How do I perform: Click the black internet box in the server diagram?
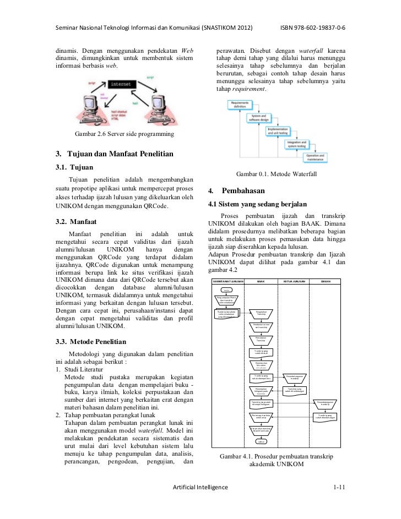coord(120,84)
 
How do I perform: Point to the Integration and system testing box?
coord(301,144)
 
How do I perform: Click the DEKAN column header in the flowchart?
coord(327,281)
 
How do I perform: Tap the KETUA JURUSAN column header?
coord(295,281)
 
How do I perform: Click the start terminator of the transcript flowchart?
coord(226,289)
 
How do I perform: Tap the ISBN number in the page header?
coord(317,28)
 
